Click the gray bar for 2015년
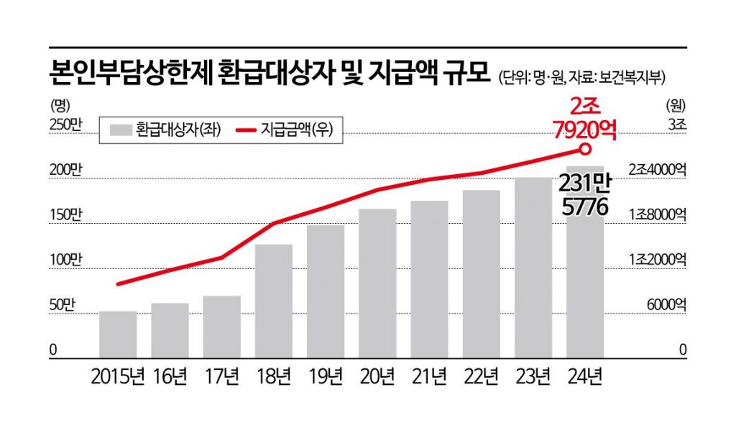tap(118, 335)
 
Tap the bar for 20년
tap(377, 283)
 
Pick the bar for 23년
tap(533, 268)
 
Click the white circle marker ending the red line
tap(585, 149)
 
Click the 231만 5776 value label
tap(586, 196)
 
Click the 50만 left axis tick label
tap(62, 305)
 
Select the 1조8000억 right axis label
tap(657, 215)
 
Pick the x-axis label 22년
tap(482, 376)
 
